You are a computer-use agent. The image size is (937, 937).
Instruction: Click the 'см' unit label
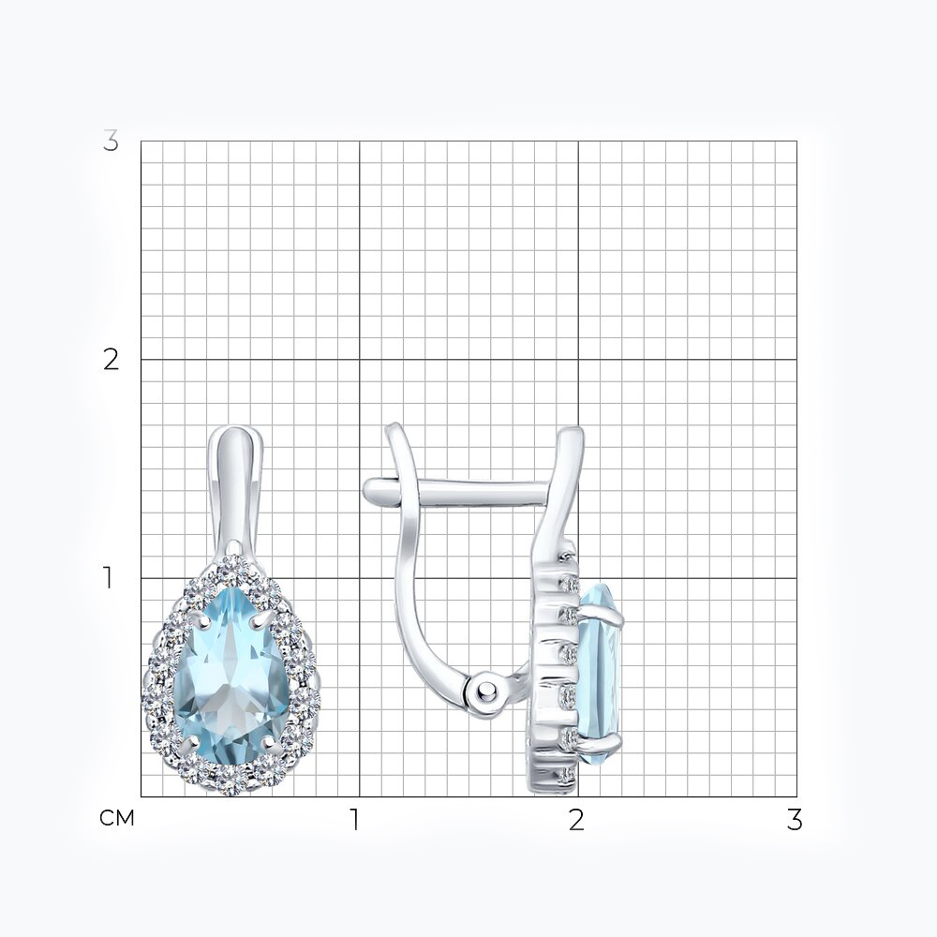coord(117,818)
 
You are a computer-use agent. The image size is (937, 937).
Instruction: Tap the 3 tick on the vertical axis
coord(111,141)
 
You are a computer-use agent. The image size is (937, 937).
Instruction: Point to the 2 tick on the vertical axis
coord(111,359)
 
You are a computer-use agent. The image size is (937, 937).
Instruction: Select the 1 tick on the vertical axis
coord(108,578)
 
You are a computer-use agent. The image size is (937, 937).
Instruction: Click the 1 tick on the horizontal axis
coord(355,820)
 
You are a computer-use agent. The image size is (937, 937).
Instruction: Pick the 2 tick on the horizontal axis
coord(576,820)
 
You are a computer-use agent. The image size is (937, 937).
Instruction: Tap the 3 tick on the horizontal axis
coord(795,820)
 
